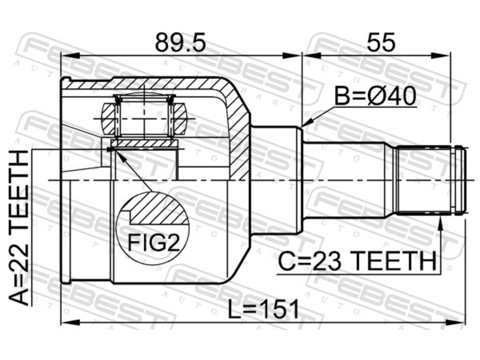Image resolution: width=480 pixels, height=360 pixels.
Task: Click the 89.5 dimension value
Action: pyautogui.click(x=180, y=42)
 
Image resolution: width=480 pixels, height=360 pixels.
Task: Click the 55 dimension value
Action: pyautogui.click(x=381, y=42)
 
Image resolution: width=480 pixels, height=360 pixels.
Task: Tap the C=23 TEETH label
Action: pyautogui.click(x=357, y=261)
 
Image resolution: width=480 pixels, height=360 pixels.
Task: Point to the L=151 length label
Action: pyautogui.click(x=263, y=309)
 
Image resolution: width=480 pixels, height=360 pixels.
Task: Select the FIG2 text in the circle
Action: pyautogui.click(x=153, y=243)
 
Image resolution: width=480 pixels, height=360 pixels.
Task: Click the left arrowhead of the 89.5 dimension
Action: pyautogui.click(x=70, y=56)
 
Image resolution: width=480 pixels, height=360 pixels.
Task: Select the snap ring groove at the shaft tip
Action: pyautogui.click(x=453, y=181)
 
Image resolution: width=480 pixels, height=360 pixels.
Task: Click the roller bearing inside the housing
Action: pyautogui.click(x=144, y=118)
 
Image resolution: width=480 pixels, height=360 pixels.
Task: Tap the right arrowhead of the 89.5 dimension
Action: pyautogui.click(x=292, y=56)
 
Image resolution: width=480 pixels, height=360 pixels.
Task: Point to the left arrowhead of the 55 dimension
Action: pyautogui.click(x=311, y=56)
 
